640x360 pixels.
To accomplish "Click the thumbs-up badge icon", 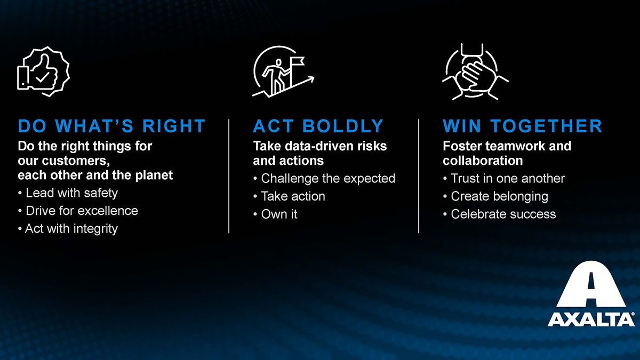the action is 43,71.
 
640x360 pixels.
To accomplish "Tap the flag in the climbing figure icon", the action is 298,61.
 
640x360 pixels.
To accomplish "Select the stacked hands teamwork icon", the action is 475,71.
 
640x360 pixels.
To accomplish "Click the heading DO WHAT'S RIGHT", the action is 111,126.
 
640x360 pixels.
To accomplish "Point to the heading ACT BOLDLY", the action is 318,126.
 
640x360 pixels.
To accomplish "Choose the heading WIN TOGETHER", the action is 523,126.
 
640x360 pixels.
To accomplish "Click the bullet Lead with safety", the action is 68,193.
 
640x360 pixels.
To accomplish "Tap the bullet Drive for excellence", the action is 78,211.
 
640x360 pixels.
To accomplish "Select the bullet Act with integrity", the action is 68,229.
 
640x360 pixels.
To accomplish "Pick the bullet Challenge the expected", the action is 324,179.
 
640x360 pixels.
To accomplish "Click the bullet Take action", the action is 289,196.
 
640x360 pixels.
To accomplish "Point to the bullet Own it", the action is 275,214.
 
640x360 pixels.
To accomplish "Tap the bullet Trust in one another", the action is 504,179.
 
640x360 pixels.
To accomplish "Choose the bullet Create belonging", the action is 495,197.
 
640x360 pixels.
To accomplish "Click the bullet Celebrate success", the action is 500,214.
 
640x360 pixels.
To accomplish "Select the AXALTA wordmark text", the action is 591,319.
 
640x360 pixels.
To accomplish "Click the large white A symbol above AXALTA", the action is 591,286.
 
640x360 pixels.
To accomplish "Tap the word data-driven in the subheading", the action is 315,146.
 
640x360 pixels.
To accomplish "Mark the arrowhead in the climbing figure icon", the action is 311,78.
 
